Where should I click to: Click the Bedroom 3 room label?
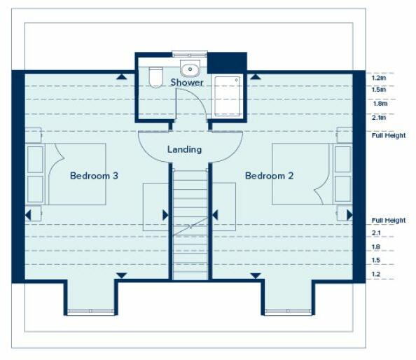[x=94, y=176]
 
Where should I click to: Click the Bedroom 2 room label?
[x=269, y=176]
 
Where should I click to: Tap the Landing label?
[x=185, y=149]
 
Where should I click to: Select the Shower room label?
[x=187, y=83]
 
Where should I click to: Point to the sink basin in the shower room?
[x=189, y=69]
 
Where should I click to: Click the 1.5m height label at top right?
[x=379, y=90]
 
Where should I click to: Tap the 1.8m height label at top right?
[x=379, y=104]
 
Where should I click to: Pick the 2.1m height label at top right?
[x=379, y=117]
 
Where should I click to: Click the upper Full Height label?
[x=388, y=135]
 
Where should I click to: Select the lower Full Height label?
[x=388, y=221]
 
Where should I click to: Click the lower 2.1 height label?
[x=376, y=233]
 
